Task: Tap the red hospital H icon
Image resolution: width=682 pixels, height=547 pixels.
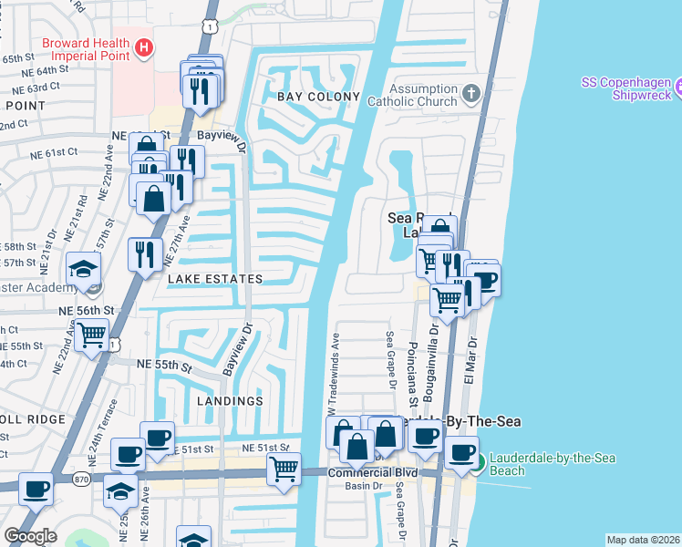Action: [142, 46]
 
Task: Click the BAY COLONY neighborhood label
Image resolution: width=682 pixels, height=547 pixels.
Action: [312, 97]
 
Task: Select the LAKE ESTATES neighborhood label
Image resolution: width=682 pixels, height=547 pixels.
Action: [214, 279]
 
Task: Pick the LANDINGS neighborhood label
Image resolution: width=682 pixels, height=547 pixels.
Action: [230, 400]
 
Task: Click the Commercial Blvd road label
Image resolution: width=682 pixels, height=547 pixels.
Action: [372, 472]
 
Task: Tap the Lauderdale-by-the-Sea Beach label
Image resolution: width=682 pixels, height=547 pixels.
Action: [533, 464]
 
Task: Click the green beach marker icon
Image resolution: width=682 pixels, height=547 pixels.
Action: [478, 464]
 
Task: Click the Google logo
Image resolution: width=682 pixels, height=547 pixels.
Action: [30, 536]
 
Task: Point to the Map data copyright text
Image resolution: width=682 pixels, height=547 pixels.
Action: [643, 540]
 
